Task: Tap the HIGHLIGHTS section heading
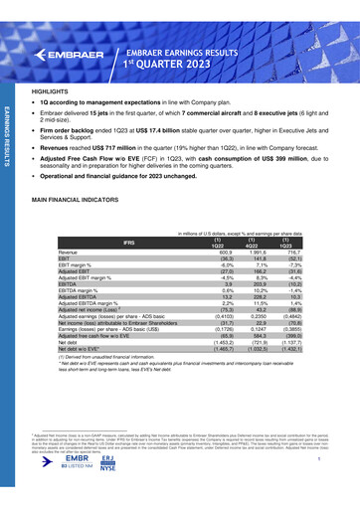click(50, 89)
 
